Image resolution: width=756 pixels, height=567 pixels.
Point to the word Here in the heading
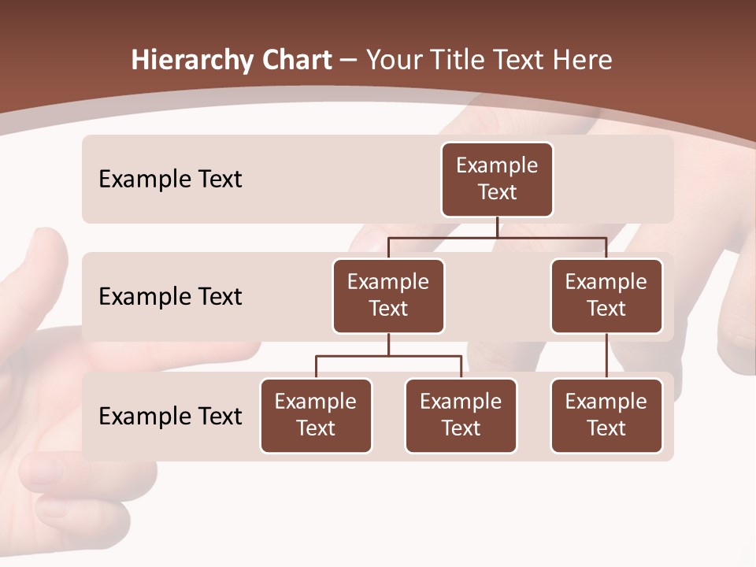point(581,61)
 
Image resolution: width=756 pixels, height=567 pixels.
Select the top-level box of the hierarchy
point(497,180)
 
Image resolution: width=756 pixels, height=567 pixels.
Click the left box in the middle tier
point(388,295)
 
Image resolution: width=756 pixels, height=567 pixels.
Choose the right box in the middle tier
point(606,295)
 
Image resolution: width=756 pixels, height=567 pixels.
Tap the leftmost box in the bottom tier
point(316,415)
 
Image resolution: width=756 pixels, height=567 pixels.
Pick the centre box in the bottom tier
point(461,415)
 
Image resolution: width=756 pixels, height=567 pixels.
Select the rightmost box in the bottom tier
point(606,415)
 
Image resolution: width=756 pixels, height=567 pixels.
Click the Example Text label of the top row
point(170,180)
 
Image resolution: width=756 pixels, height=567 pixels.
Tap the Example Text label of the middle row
point(170,297)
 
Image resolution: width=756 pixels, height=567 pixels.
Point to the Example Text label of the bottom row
point(170,416)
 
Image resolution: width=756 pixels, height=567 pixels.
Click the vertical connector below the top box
point(497,227)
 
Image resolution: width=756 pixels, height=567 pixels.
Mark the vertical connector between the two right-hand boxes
point(606,356)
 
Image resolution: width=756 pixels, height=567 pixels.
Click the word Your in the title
point(394,61)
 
